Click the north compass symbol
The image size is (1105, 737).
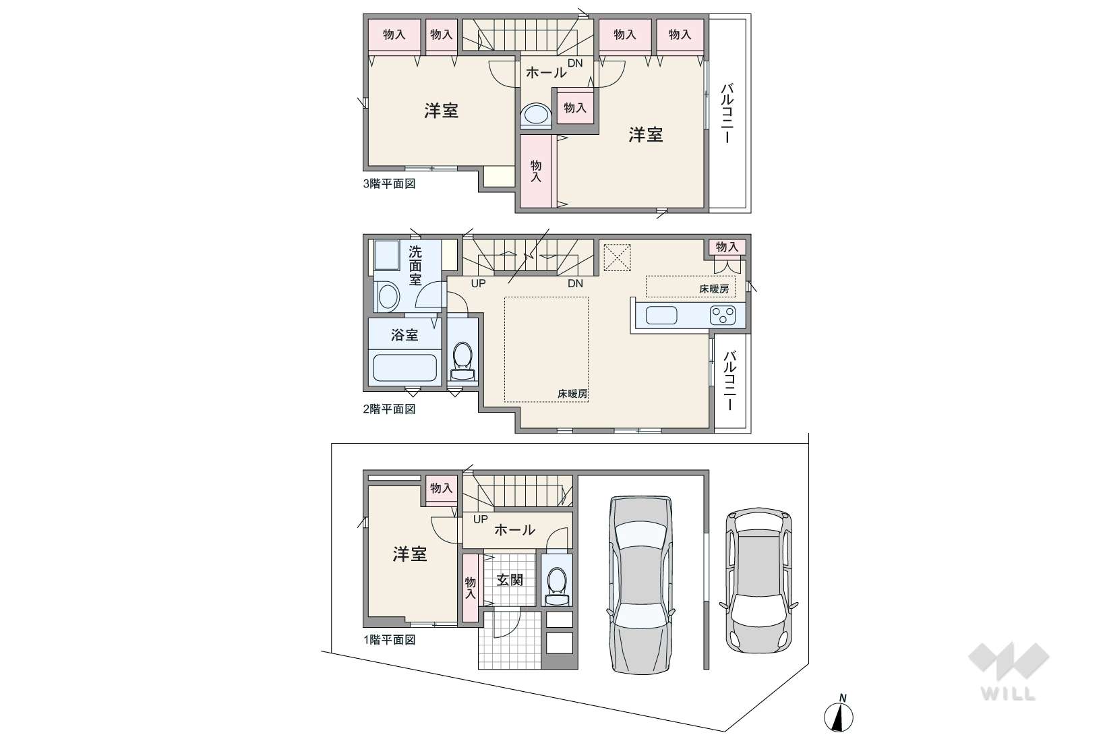click(839, 713)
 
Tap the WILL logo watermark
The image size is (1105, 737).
click(1009, 671)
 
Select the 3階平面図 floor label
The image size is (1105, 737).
click(389, 184)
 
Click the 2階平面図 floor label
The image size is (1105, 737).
click(389, 409)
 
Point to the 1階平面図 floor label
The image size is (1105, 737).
click(389, 640)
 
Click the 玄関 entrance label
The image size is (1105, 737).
click(510, 580)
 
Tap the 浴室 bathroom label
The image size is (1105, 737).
click(405, 335)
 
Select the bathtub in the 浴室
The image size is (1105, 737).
click(405, 367)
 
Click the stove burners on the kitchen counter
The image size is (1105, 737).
click(723, 315)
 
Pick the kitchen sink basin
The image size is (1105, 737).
click(661, 315)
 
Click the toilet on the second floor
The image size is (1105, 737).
click(462, 361)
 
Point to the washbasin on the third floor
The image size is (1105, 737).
click(536, 115)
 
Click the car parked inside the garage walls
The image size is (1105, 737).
click(640, 585)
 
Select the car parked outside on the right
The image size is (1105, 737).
click(758, 580)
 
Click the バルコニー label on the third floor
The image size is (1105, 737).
click(727, 113)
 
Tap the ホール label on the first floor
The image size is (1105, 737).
click(514, 530)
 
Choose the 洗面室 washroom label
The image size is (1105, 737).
click(415, 266)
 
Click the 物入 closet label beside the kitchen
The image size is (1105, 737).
click(727, 247)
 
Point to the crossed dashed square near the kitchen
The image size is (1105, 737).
click(617, 258)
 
